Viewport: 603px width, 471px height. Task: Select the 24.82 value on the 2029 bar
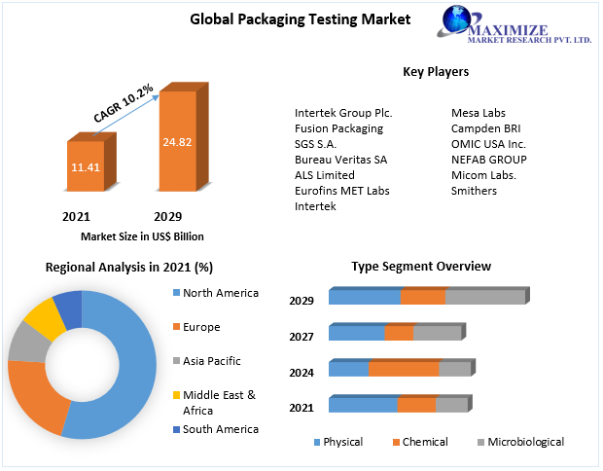click(176, 142)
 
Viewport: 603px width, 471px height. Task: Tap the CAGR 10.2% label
click(124, 104)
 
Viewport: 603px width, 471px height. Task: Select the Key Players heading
click(435, 71)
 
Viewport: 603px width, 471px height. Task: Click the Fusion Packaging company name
click(338, 128)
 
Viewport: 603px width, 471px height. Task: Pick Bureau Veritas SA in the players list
click(340, 160)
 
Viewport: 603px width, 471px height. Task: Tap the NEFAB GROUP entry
click(488, 160)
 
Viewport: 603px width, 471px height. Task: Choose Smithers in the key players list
click(474, 191)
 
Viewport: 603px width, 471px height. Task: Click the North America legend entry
click(220, 293)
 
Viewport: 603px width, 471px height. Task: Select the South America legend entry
click(220, 429)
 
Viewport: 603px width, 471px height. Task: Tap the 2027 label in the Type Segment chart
click(301, 337)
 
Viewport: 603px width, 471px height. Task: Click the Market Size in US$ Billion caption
click(142, 236)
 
